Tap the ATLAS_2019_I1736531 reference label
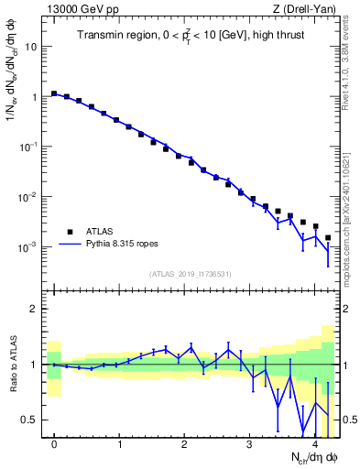pos(190,274)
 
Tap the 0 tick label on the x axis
pos(54,444)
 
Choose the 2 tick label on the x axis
pos(184,444)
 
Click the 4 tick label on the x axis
pos(314,444)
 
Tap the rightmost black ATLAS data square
pos(328,237)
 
